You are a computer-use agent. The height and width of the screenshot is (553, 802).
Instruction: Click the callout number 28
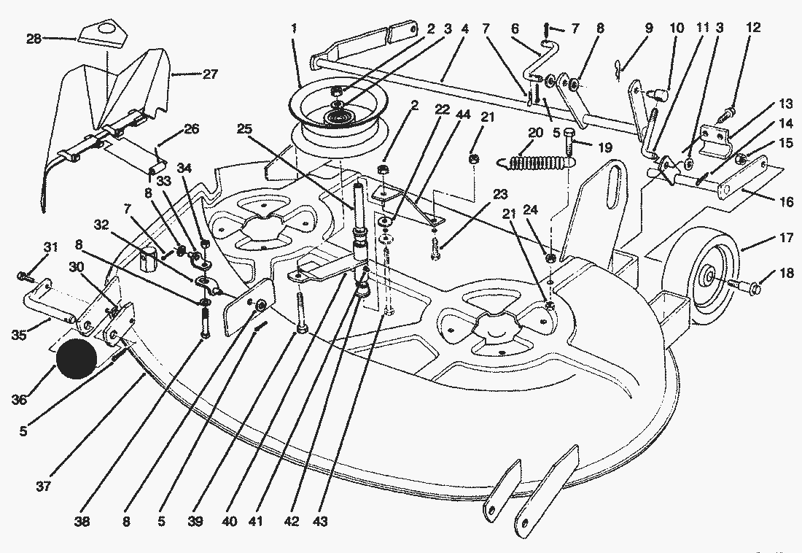click(x=34, y=38)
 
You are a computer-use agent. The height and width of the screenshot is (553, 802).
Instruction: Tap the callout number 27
click(x=210, y=74)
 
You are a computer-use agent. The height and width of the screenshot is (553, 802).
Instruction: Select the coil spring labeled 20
click(x=537, y=163)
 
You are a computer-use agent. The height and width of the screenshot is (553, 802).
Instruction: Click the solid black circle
click(x=77, y=358)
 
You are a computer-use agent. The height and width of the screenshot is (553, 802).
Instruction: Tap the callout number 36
click(x=19, y=399)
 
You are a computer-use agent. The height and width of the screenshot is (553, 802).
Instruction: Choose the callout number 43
click(x=319, y=522)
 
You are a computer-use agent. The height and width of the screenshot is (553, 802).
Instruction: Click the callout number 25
click(x=244, y=128)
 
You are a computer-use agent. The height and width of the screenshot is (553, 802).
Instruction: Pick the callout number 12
click(x=753, y=27)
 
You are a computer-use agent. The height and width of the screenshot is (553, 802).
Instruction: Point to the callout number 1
click(x=294, y=28)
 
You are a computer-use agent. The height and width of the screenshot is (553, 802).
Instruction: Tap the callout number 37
click(x=44, y=485)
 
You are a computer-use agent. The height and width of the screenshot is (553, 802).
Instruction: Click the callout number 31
click(x=50, y=247)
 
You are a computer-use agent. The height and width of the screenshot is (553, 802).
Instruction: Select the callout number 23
click(x=500, y=194)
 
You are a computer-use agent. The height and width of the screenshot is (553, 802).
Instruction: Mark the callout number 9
click(x=649, y=28)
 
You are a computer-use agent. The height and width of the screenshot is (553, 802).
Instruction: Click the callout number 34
click(x=184, y=168)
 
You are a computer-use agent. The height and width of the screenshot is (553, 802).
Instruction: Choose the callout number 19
click(x=605, y=148)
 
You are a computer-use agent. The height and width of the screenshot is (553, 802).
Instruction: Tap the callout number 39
click(x=195, y=522)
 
